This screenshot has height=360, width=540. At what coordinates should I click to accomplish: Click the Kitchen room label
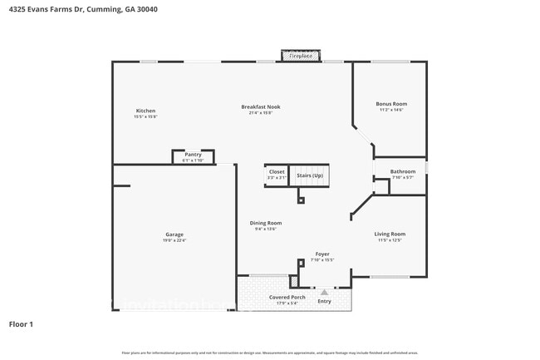145,111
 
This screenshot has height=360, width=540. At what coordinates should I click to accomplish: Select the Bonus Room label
390,104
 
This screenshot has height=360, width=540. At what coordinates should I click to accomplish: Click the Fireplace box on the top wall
301,56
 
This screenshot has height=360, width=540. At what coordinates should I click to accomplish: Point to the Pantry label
193,154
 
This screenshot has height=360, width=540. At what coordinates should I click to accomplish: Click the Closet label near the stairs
276,172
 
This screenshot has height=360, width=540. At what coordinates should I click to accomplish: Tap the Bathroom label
403,171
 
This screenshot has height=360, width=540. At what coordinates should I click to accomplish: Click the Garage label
174,234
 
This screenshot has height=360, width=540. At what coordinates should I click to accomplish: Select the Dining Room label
266,223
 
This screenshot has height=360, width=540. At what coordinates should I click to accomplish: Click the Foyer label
322,254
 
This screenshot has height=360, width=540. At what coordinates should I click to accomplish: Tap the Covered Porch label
287,297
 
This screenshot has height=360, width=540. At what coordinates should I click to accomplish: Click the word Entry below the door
324,301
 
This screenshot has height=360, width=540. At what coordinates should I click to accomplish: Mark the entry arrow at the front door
324,292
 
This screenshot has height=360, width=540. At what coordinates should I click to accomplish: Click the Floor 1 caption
21,323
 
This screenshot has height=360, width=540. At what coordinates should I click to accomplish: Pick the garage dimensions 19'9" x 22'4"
174,241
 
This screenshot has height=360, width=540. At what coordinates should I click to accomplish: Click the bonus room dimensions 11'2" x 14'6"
390,111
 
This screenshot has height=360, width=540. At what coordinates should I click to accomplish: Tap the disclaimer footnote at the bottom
270,353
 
